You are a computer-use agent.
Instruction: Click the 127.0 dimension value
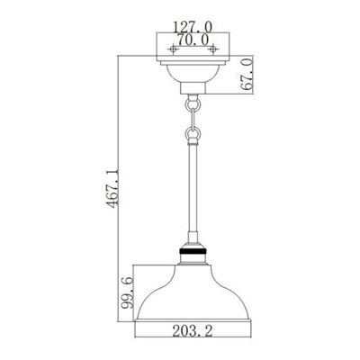pyautogui.click(x=190, y=26)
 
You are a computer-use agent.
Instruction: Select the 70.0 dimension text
pyautogui.click(x=190, y=40)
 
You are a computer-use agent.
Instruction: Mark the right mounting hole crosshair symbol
pyautogui.click(x=212, y=49)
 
